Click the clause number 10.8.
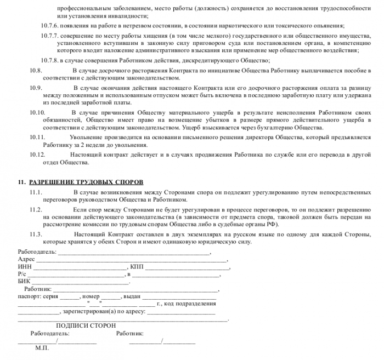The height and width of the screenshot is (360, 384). [x=36, y=71]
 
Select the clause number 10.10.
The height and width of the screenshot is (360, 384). [x=37, y=112]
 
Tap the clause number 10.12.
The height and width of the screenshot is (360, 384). [x=37, y=155]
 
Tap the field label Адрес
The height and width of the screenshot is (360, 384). [x=26, y=260]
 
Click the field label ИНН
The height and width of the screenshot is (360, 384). [x=25, y=267]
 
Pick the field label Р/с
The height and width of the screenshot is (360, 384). [x=22, y=274]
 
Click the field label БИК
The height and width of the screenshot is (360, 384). [x=25, y=281]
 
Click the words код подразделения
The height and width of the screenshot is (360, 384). [x=189, y=304]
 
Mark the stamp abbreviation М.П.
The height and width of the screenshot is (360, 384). [x=42, y=348]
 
